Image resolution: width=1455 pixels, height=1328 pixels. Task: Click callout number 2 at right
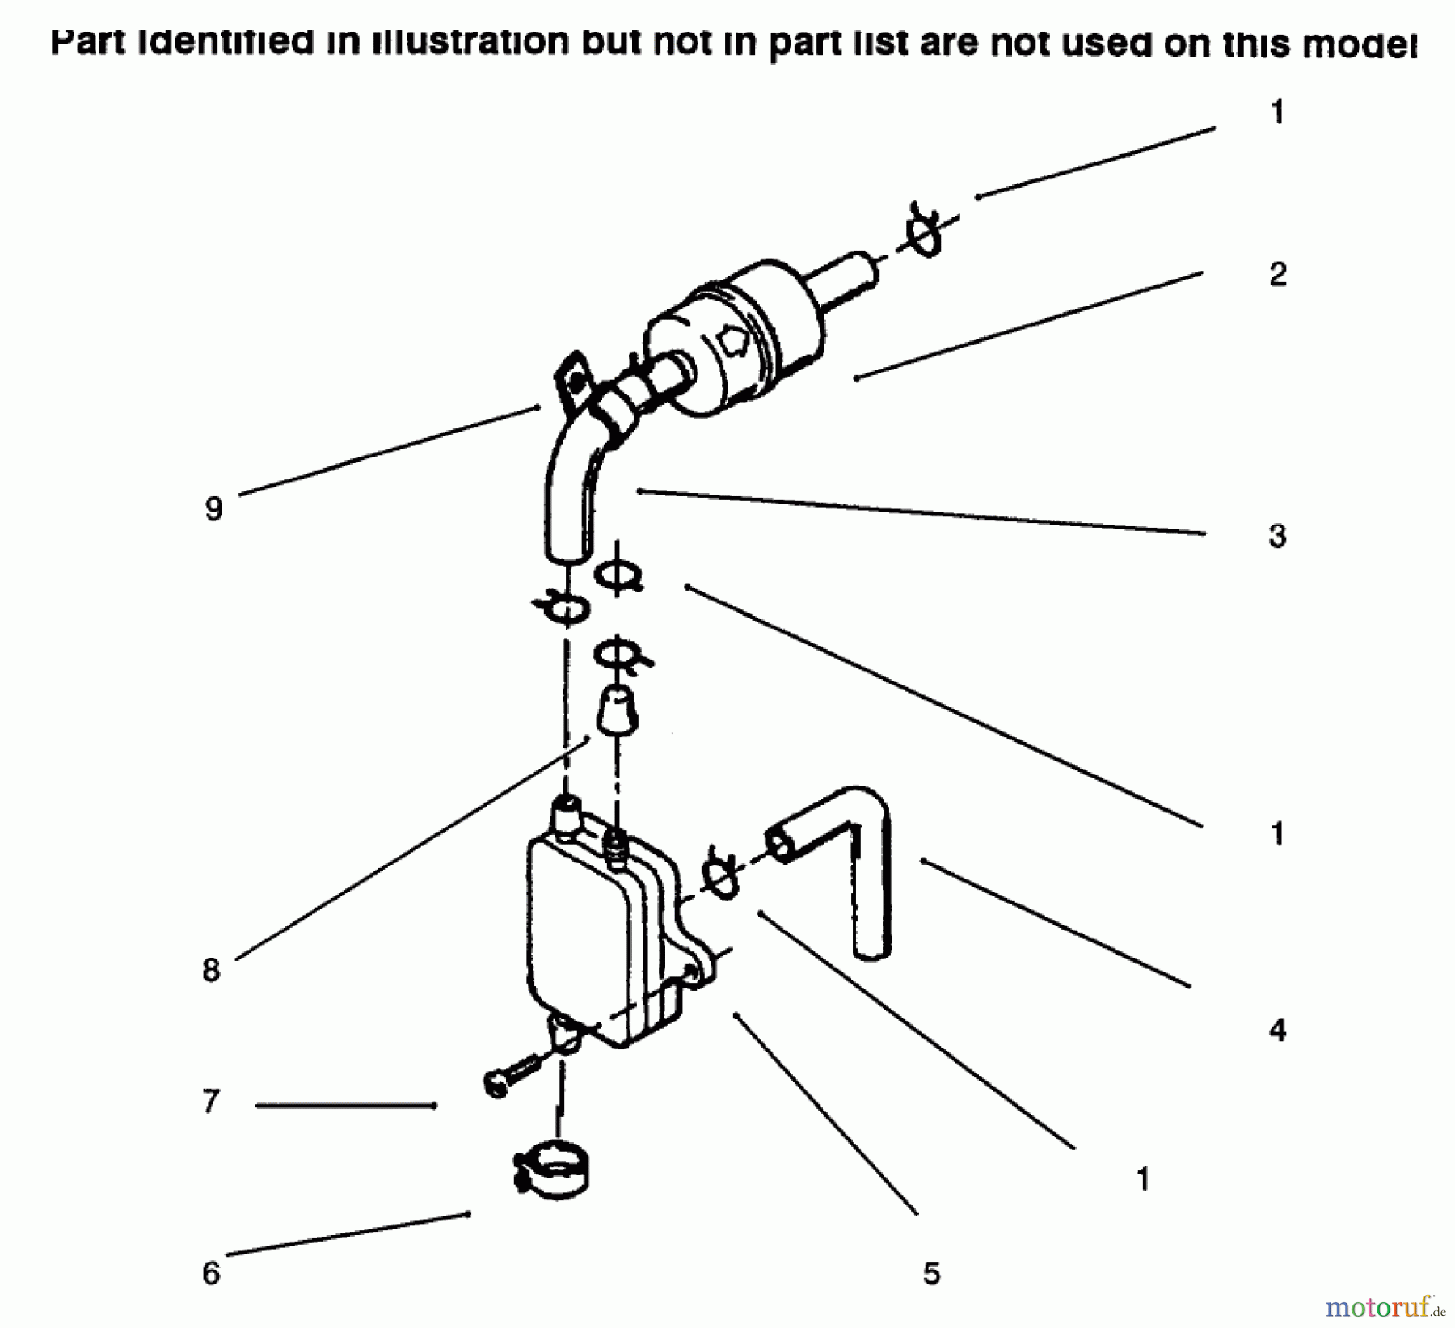point(1277,275)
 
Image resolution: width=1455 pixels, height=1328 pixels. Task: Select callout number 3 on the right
point(1277,536)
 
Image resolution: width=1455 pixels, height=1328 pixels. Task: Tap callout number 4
point(1277,1030)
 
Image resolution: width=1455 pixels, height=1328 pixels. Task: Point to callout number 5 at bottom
point(931,1274)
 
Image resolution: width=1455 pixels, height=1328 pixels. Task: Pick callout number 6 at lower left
point(211,1274)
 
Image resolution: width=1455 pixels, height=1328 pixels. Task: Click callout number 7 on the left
point(211,1102)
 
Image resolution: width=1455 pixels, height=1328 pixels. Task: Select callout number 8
point(211,970)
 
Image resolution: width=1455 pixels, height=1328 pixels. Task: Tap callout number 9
point(213,509)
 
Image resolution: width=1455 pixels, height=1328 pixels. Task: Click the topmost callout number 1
point(1277,112)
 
